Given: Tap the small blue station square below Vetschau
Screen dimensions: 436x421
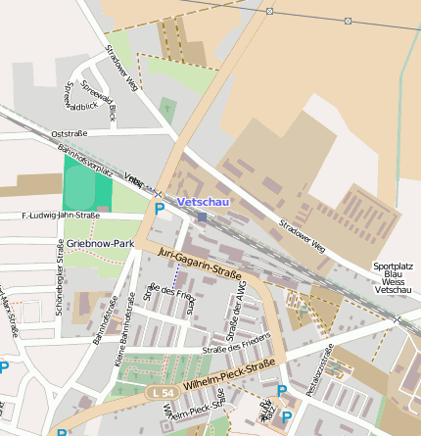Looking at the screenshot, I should coord(201,217).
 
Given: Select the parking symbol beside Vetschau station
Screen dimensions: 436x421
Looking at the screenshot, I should coord(160,209).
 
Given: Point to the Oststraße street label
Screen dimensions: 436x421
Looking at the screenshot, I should coord(69,133).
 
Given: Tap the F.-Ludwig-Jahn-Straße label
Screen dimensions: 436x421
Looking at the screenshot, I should coord(60,216).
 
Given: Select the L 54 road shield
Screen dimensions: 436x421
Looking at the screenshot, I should coord(163,392).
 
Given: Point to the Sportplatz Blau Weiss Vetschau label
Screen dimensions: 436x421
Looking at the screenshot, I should coord(393,278).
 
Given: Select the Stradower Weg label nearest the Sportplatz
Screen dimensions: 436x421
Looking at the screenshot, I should coord(302,236).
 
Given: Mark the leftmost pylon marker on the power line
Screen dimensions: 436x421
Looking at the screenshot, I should coord(269,11).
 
